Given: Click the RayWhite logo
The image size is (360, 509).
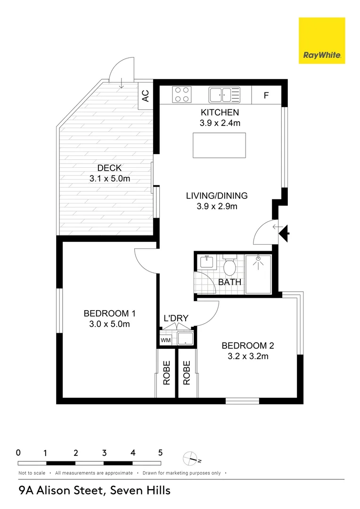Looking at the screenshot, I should pyautogui.click(x=322, y=41).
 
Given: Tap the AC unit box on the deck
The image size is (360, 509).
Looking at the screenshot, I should pyautogui.click(x=146, y=96).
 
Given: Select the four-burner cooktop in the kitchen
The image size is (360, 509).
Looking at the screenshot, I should pyautogui.click(x=181, y=94).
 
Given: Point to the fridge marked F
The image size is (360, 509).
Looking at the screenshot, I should pyautogui.click(x=266, y=95).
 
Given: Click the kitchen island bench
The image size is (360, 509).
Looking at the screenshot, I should pyautogui.click(x=219, y=145).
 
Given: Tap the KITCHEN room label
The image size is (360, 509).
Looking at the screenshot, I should pyautogui.click(x=220, y=113).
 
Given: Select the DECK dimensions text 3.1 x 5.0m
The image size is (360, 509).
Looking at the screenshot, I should pyautogui.click(x=109, y=179).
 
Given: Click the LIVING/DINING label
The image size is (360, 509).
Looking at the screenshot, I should pyautogui.click(x=216, y=196).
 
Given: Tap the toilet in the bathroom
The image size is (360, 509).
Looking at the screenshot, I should pyautogui.click(x=229, y=266).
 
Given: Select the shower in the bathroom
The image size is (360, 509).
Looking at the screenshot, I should pyautogui.click(x=258, y=274).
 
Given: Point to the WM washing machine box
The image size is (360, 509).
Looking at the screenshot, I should pyautogui.click(x=165, y=340).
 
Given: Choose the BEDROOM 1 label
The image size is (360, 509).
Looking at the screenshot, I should pyautogui.click(x=109, y=313).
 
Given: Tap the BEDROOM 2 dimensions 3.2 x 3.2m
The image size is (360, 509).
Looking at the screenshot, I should pyautogui.click(x=248, y=356).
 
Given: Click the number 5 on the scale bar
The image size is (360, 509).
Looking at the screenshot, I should pyautogui.click(x=160, y=452).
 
